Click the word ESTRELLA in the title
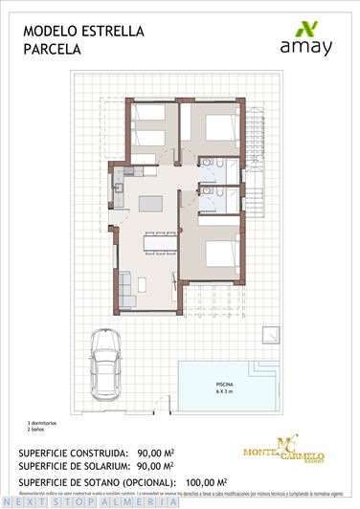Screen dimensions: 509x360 [113, 32]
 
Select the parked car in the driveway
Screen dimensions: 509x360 [103, 362]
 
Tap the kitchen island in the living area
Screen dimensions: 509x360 [151, 204]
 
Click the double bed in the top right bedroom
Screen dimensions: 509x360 [221, 129]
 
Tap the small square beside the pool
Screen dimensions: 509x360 [271, 334]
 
